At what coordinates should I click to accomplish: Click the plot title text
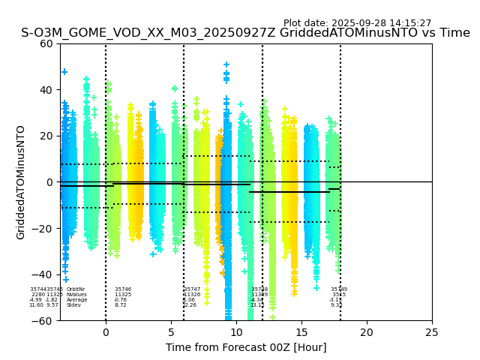coord(245,33)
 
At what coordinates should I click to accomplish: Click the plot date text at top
coord(357,23)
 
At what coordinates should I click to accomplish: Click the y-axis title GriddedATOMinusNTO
coord(21,182)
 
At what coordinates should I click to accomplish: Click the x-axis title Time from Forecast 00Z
coord(246,347)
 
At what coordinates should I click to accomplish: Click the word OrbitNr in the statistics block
coord(76,289)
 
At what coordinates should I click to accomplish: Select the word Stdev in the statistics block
coord(73,305)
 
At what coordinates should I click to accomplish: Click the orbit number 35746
coord(123,289)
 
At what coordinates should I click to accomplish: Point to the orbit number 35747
coord(192,289)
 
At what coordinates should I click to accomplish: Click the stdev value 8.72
coord(120,305)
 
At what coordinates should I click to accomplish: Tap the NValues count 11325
coord(123,295)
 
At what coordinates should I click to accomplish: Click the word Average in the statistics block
coord(76,300)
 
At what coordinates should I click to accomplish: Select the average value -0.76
coord(120,300)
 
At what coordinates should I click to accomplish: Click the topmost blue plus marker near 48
coord(64,72)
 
